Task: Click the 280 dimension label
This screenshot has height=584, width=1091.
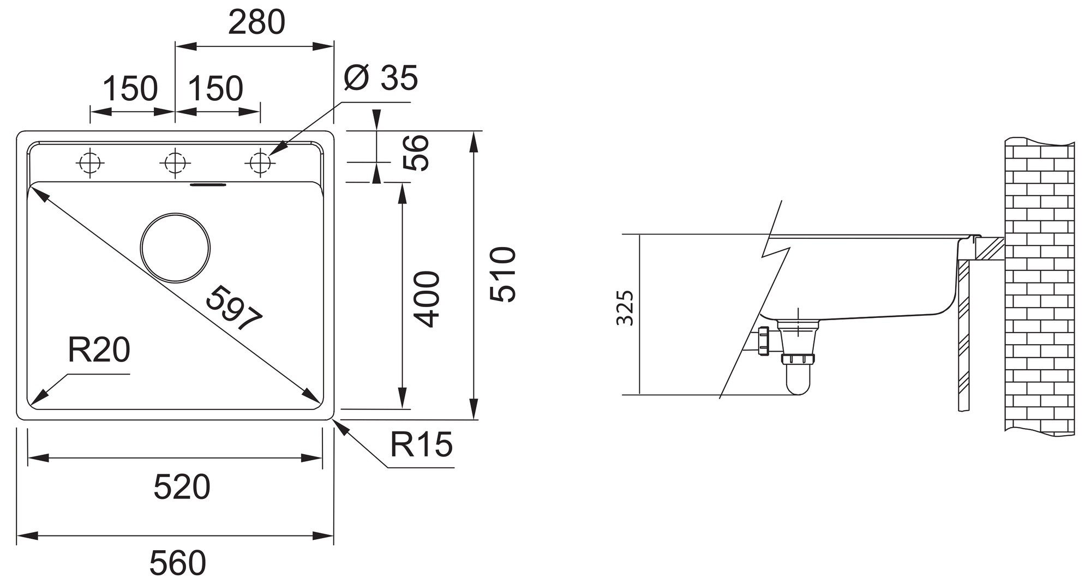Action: pyautogui.click(x=256, y=23)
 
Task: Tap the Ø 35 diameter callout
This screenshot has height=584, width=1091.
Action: pyautogui.click(x=381, y=78)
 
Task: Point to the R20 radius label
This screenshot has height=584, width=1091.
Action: pyautogui.click(x=99, y=350)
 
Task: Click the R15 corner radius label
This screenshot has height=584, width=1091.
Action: pyautogui.click(x=421, y=444)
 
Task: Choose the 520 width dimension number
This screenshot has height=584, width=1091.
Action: pyautogui.click(x=182, y=487)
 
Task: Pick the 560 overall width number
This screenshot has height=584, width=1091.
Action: pyautogui.click(x=178, y=563)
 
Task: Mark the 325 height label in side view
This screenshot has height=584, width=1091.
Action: pyautogui.click(x=625, y=309)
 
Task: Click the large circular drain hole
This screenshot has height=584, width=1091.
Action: pyautogui.click(x=175, y=248)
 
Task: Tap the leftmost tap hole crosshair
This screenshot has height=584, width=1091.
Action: pyautogui.click(x=91, y=162)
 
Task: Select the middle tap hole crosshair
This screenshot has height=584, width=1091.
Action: pyautogui.click(x=175, y=162)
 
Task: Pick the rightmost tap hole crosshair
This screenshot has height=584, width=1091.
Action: pyautogui.click(x=260, y=162)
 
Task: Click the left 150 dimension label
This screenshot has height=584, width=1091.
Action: pyautogui.click(x=130, y=89)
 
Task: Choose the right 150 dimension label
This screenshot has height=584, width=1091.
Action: pyautogui.click(x=216, y=89)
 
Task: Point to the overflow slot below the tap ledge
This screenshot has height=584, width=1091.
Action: pyautogui.click(x=208, y=185)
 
